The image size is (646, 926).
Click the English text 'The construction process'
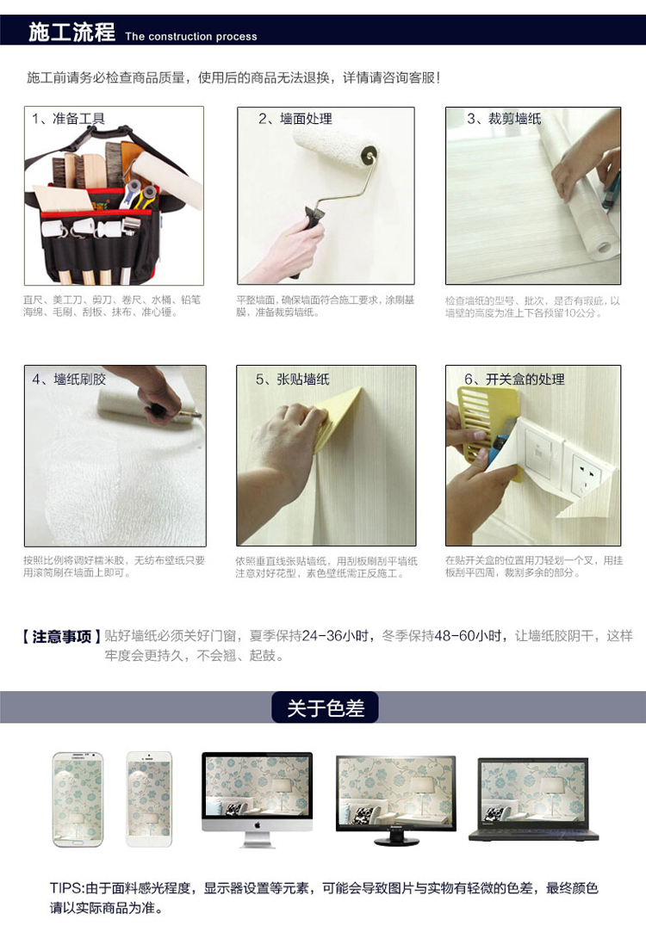coord(191,37)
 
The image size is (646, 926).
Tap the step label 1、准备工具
coord(69,119)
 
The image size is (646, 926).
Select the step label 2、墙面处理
coord(295,119)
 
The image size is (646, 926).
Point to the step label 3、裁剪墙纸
coord(504,119)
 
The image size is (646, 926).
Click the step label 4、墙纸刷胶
coord(69,380)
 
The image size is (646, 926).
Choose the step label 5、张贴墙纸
coord(293,380)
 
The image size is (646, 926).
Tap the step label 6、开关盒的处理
coord(515,380)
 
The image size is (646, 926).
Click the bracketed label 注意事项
coord(61,637)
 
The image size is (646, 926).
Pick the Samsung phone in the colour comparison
coord(78,799)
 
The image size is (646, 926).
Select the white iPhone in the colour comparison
coord(149,799)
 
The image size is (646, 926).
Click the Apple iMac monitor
coord(257,799)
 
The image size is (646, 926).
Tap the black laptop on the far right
coord(534,799)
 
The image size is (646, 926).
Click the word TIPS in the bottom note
coord(65,888)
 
